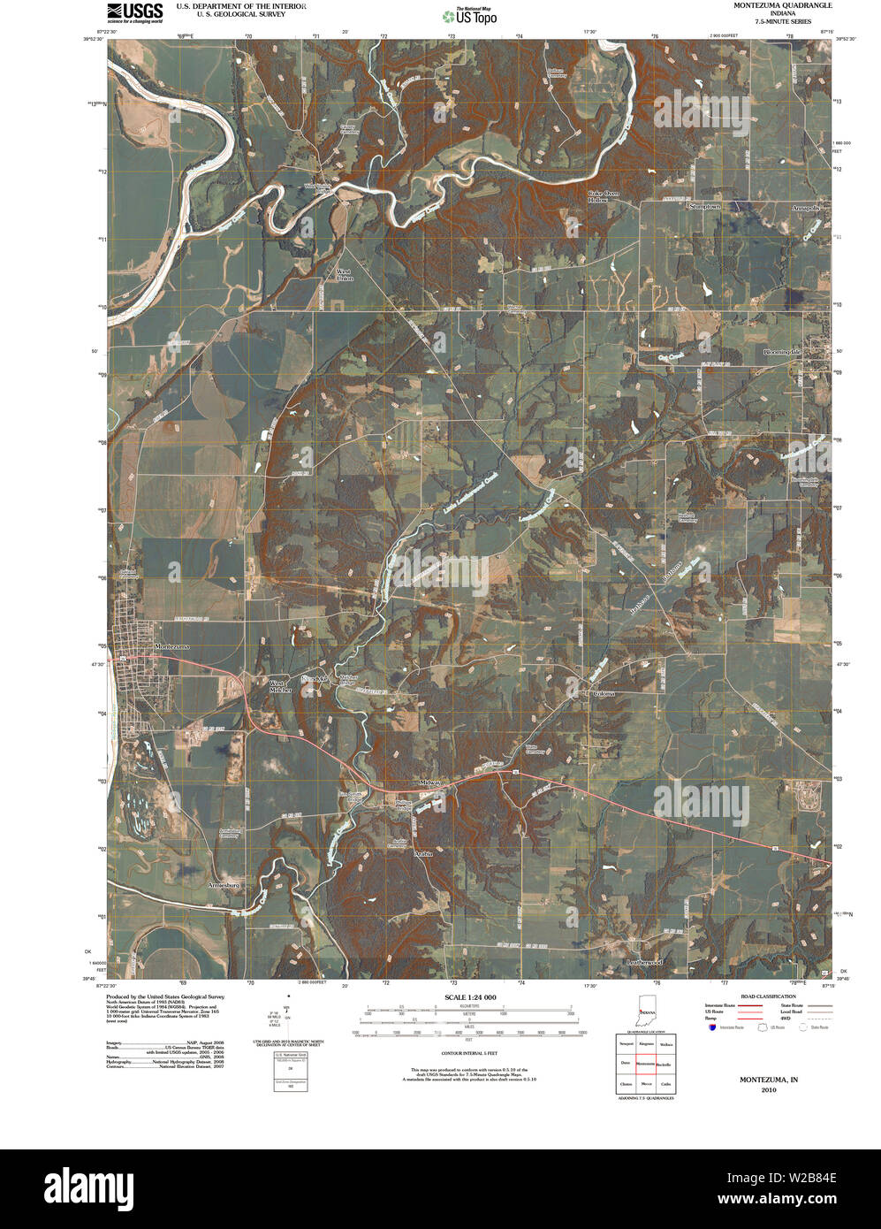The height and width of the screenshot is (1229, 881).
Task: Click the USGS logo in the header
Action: pos(134,11)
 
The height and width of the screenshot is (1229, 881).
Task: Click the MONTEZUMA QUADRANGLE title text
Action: pos(782,5)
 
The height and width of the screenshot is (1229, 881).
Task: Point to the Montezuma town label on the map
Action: pos(172,646)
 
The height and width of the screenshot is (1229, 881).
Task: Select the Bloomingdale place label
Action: pos(781,352)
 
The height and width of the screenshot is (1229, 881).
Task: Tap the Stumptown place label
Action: pos(704,206)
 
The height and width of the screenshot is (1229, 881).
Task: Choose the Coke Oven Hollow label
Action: pos(604,196)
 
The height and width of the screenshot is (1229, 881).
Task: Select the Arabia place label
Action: pos(424,854)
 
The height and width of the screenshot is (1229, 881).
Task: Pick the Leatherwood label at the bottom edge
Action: pos(644,961)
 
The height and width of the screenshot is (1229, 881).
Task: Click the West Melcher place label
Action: pos(279,687)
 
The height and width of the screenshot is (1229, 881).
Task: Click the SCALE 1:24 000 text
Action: pos(471,997)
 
